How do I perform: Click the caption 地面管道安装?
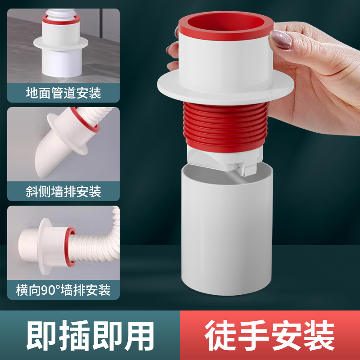pos(63,93)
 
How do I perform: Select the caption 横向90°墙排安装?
pos(63,290)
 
